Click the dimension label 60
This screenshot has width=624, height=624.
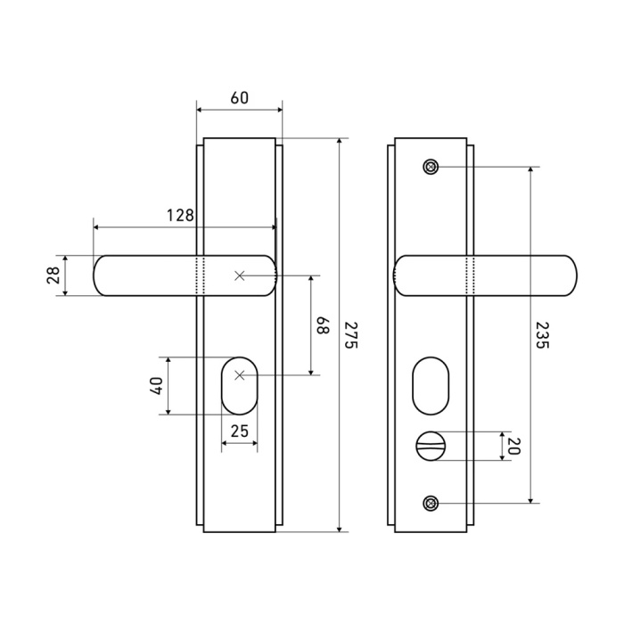[240, 98]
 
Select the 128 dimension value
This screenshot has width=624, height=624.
[180, 216]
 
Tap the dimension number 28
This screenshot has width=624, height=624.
[53, 275]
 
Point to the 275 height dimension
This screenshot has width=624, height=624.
[350, 335]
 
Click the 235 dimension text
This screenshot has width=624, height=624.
[542, 335]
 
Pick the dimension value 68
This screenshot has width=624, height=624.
[323, 325]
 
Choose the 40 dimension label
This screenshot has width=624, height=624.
[156, 386]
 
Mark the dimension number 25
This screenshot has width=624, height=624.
[240, 431]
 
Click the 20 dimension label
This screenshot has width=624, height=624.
[513, 446]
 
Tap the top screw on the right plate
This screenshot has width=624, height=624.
[431, 167]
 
